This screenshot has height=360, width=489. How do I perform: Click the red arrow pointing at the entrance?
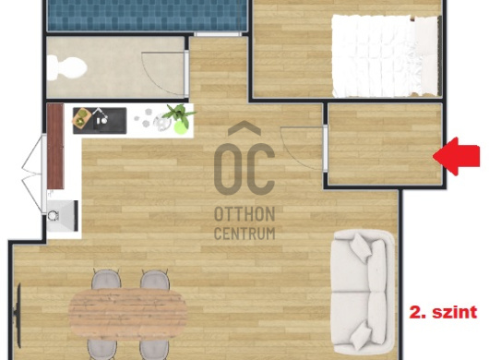coord(457,156)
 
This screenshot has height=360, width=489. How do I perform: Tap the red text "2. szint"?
coord(443,312)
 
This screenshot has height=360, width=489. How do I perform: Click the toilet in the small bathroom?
coord(67,67)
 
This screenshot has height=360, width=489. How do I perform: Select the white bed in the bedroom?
coord(387,55)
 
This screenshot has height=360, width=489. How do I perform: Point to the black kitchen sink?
coord(100,121)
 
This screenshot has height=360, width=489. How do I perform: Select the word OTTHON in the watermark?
coord(244,214)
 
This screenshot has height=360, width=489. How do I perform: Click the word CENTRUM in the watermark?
coord(244,234)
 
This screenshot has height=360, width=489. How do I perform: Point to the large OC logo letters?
coord(244,169)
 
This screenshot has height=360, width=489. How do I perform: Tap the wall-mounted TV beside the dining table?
coord(18,315)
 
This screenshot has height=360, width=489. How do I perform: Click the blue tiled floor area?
coord(147,15)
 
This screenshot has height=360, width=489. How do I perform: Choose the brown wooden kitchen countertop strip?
coord(55,147)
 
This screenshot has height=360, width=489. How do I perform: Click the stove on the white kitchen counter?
coord(63,215)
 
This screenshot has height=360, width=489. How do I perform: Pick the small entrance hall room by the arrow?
coord(385,144)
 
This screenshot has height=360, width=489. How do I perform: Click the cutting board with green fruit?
coord(81,117)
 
